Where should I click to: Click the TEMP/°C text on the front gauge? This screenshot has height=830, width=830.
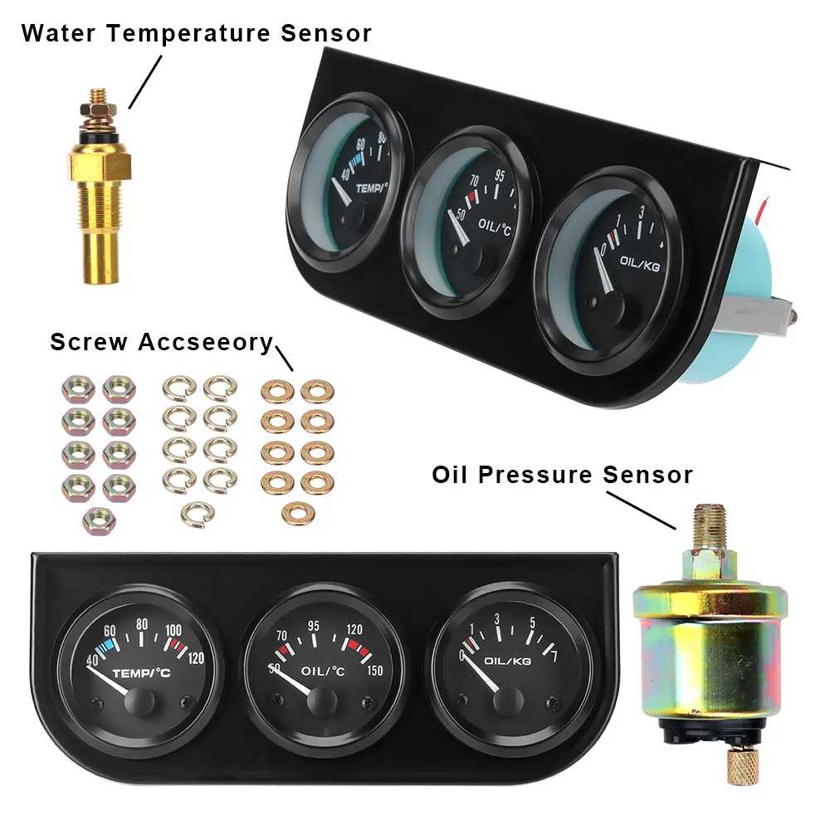tap(140, 673)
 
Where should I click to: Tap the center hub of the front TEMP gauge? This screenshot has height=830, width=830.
tap(136, 703)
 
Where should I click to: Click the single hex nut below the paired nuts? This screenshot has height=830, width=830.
tap(99, 520)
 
